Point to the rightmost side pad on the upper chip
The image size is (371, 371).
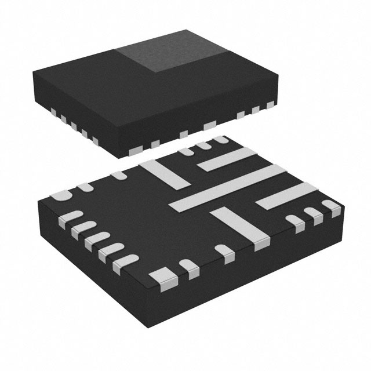point(270,104)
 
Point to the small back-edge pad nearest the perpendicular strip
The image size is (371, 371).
point(119,174)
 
